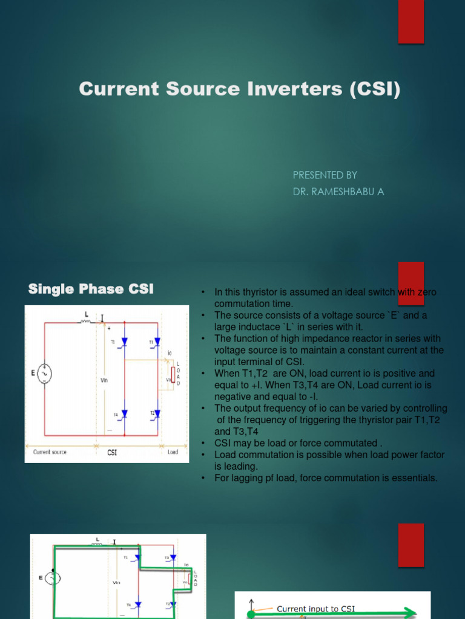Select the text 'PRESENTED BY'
(x=325, y=175)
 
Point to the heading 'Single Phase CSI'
(x=91, y=290)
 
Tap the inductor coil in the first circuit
(x=85, y=322)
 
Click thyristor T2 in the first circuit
(x=158, y=414)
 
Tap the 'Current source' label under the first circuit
(x=50, y=452)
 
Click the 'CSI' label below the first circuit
(x=112, y=452)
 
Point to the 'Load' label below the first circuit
(x=173, y=452)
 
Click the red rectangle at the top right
(x=411, y=22)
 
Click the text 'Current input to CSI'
(x=315, y=608)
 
